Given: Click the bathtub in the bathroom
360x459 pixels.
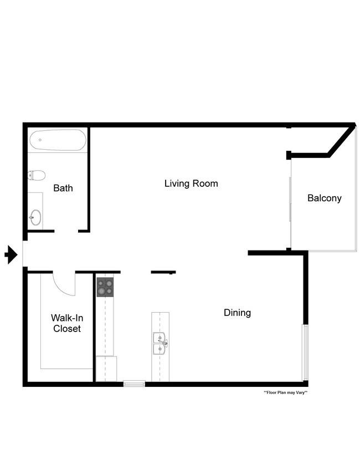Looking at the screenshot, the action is point(58,140).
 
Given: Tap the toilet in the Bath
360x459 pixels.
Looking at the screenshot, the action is point(37,175).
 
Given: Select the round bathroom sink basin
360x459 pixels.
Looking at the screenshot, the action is point(35,217).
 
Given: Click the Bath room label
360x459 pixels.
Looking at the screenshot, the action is point(63,188).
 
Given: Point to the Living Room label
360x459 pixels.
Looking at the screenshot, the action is point(191,183).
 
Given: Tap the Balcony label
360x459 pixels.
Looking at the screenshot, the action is point(325,198).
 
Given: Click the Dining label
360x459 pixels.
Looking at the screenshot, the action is point(237,313).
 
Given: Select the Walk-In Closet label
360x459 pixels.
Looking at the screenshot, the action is point(67,323).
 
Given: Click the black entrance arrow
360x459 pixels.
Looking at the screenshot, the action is point(11,254).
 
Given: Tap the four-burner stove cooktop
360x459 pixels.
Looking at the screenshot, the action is point(105,287).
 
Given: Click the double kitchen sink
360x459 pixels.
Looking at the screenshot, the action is point(160,343).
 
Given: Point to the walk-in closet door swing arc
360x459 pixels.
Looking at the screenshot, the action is point(61,288).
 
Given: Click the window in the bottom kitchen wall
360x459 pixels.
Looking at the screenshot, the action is point(134,384).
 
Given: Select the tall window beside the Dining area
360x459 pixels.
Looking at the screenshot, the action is point(305,353).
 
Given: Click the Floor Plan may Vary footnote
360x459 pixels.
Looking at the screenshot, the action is point(285,392).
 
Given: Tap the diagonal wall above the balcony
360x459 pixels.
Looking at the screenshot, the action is point(341,140).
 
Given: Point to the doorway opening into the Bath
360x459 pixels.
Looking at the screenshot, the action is point(66,231).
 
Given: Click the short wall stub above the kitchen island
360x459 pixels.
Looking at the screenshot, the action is point(163,272).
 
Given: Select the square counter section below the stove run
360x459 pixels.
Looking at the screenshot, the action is point(106,369).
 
